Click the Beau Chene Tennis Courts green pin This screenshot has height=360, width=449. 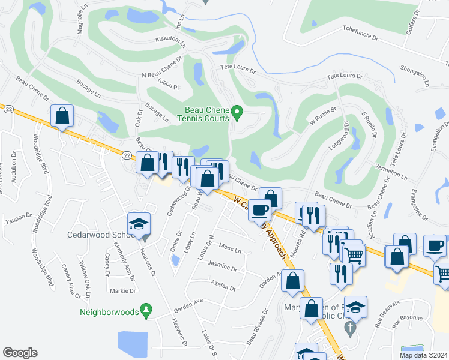(x=237, y=111)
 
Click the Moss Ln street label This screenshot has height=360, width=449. (x=230, y=248)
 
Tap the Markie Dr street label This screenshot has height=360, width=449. (x=124, y=290)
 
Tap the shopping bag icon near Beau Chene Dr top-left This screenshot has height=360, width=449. (x=62, y=117)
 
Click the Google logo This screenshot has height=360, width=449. (x=20, y=353)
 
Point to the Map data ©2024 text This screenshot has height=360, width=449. (x=423, y=355)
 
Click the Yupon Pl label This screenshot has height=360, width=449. (x=169, y=87)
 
